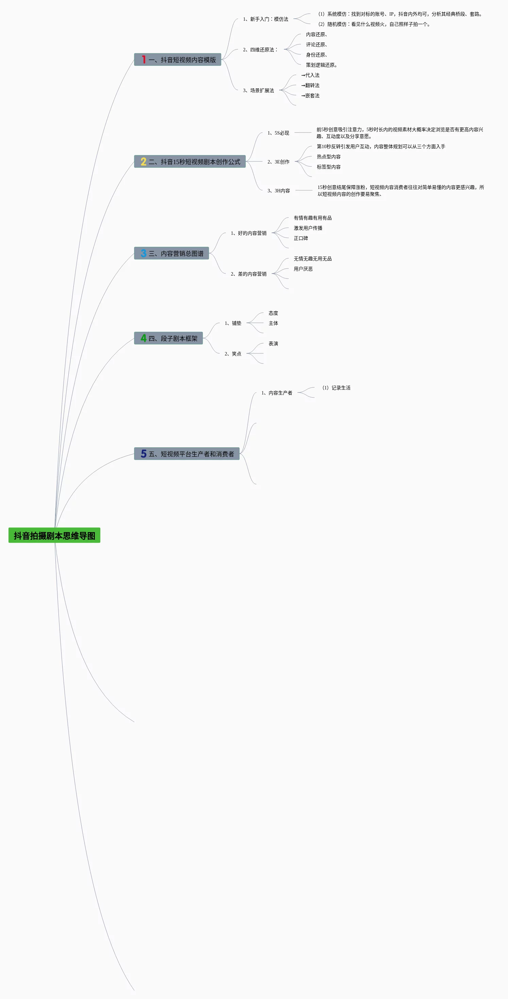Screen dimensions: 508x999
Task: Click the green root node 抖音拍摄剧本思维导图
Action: pos(54,535)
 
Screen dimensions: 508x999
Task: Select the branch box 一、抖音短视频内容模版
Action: pos(178,60)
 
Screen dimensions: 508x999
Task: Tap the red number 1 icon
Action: pos(143,60)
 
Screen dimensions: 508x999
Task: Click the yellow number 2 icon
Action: pos(143,162)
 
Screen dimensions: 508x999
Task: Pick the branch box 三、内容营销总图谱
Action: pos(171,253)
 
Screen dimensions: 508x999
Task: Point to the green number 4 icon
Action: pos(143,338)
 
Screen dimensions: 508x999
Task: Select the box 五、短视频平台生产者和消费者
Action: pos(187,454)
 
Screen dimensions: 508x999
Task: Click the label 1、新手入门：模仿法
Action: pos(266,19)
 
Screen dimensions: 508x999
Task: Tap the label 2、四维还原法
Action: pos(260,50)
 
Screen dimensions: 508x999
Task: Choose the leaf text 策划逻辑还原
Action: pos(321,65)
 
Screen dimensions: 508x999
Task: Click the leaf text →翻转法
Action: pos(310,85)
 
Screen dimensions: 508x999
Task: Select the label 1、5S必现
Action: pos(278,133)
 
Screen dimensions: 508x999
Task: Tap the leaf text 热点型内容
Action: pos(328,157)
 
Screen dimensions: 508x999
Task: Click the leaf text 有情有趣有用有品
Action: pos(312,218)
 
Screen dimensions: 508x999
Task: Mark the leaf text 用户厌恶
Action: pos(303,269)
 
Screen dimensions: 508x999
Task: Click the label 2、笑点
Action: pos(233,354)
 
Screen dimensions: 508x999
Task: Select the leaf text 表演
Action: pos(273,344)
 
